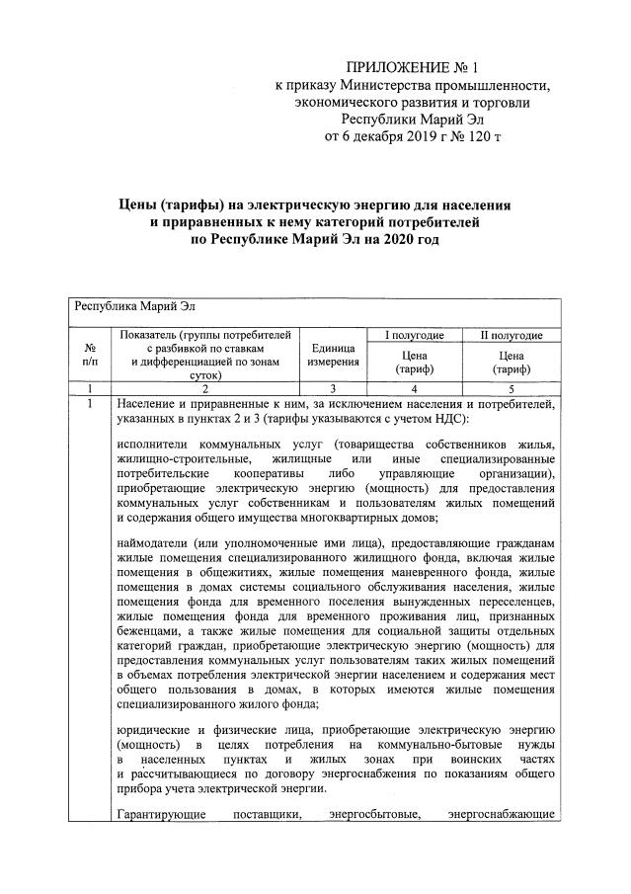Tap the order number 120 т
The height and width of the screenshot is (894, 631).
482,135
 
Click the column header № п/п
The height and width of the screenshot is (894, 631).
90,356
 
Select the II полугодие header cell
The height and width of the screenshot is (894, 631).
511,336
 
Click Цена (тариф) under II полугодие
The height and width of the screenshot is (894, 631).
511,363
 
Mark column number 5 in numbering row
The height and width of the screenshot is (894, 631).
511,389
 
